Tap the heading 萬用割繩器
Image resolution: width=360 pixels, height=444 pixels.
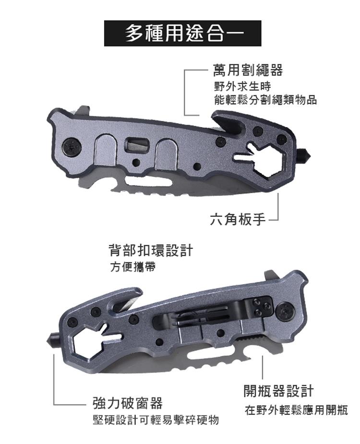[x=248, y=70]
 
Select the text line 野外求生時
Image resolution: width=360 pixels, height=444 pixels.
[x=242, y=86]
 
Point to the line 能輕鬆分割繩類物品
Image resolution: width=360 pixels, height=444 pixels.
[x=265, y=100]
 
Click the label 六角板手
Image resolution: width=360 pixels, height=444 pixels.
[x=238, y=219]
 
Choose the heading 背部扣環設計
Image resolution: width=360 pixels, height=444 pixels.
[x=151, y=250]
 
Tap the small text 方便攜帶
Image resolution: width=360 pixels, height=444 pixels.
[x=132, y=267]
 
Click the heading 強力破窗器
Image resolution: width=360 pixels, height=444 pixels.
[x=128, y=403]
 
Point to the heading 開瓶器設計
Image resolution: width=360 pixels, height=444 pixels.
[x=279, y=391]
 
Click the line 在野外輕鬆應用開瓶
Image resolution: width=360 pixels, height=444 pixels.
[x=296, y=410]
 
